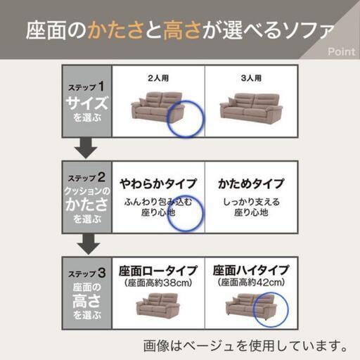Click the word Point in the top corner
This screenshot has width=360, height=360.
coord(342,51)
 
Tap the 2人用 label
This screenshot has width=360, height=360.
coord(158,78)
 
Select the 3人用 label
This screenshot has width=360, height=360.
coord(251,78)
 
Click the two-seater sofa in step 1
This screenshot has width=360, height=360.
coord(157,108)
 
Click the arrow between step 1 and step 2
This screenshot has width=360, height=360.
coord(86,148)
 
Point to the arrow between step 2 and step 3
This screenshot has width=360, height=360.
coord(89,244)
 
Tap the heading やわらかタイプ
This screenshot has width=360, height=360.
coord(158,184)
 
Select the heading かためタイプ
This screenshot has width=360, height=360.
coord(251,184)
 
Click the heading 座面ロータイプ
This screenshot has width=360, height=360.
coord(158,271)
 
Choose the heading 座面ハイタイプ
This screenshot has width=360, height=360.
coord(251,270)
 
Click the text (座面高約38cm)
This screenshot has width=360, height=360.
coord(158,283)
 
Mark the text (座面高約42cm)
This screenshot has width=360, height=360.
coord(251,283)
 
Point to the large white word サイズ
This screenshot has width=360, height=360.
coord(87,103)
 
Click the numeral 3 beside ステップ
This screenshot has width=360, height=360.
coord(102,273)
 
